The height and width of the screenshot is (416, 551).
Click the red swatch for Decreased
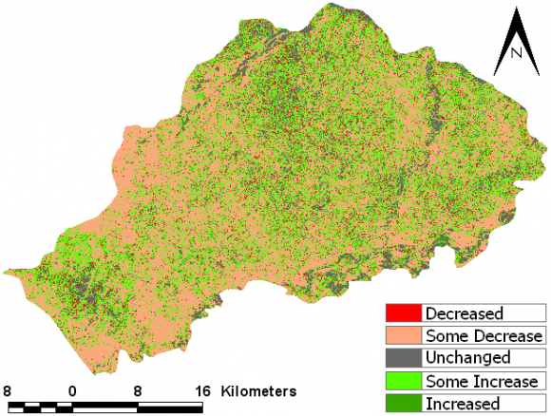[403, 312]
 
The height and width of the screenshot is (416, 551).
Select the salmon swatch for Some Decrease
[403, 335]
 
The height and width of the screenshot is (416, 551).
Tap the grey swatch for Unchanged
[403, 358]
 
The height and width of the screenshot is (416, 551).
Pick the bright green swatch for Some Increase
[403, 381]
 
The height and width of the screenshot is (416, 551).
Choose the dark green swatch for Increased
[403, 404]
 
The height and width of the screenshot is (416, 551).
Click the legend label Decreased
[465, 312]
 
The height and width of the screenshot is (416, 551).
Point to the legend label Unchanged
[468, 358]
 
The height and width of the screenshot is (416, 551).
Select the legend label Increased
[463, 404]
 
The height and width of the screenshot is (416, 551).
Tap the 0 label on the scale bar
[72, 390]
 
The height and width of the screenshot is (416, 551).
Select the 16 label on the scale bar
[200, 390]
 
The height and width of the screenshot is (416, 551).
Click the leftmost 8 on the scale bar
[8, 390]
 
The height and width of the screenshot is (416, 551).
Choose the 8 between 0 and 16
[137, 390]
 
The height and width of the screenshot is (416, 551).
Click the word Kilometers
[258, 390]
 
